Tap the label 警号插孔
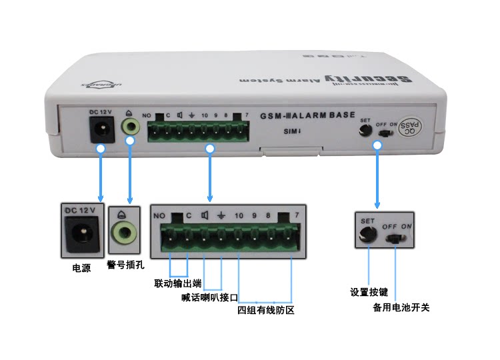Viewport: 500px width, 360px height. tap(125, 265)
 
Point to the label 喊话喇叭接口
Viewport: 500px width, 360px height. tap(209, 297)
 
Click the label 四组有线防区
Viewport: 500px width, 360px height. tap(266, 310)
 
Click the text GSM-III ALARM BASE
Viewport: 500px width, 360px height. tap(308, 115)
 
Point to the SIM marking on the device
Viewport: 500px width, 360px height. tap(289, 131)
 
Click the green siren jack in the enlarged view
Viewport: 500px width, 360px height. tap(125, 235)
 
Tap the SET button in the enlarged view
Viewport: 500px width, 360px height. tap(367, 234)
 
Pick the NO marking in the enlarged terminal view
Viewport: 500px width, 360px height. tap(159, 215)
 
